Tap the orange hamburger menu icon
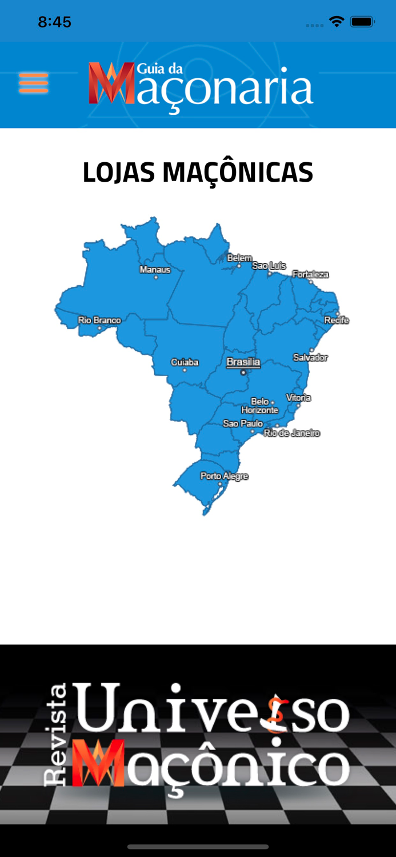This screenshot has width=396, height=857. click(33, 83)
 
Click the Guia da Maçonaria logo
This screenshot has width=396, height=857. click(201, 87)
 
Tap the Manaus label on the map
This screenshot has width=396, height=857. click(155, 270)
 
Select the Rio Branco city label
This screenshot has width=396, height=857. click(99, 321)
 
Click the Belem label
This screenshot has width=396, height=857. click(239, 258)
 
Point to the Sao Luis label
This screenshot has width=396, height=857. click(269, 266)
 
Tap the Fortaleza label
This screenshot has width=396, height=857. click(310, 275)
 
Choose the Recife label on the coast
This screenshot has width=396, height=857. click(337, 321)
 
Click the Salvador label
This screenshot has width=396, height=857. click(310, 358)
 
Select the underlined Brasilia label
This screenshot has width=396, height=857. click(243, 362)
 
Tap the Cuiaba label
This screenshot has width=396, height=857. click(185, 362)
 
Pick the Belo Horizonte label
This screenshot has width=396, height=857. click(259, 406)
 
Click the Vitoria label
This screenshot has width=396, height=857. click(298, 398)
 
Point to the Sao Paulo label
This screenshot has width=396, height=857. click(243, 423)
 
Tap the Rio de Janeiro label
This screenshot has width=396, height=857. click(291, 434)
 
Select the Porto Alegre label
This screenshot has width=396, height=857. click(224, 476)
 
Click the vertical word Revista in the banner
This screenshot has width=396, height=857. click(55, 735)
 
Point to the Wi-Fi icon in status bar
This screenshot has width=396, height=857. click(337, 22)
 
